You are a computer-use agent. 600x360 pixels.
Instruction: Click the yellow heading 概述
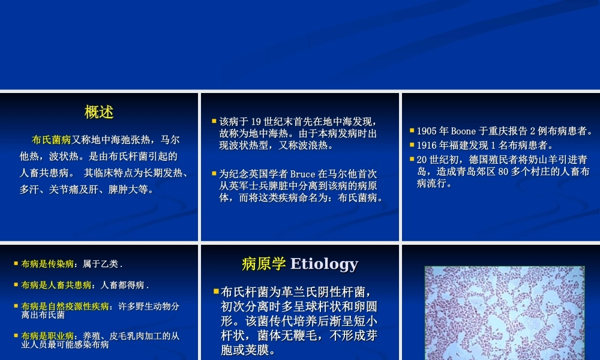tap(99, 112)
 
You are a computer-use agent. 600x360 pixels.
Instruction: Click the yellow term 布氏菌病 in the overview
tap(52, 140)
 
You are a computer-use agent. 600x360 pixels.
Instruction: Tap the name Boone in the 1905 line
tap(463, 131)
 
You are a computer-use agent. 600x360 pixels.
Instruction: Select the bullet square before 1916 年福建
tap(412, 145)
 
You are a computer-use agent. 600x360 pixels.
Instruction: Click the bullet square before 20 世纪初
tap(412, 159)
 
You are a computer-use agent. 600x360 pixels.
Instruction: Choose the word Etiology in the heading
tap(324, 264)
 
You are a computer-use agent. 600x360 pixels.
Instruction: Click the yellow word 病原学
tap(263, 264)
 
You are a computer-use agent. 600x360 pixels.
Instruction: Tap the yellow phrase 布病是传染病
tap(47, 263)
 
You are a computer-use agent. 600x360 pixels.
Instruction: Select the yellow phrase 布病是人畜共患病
tap(56, 285)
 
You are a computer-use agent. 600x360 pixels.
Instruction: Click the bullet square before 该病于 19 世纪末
tap(214, 121)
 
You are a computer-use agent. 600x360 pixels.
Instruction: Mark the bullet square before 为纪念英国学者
tap(214, 173)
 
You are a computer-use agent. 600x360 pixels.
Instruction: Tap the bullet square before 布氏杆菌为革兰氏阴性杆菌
tap(216, 292)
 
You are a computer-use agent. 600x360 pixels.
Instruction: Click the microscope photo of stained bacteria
tap(504, 312)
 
